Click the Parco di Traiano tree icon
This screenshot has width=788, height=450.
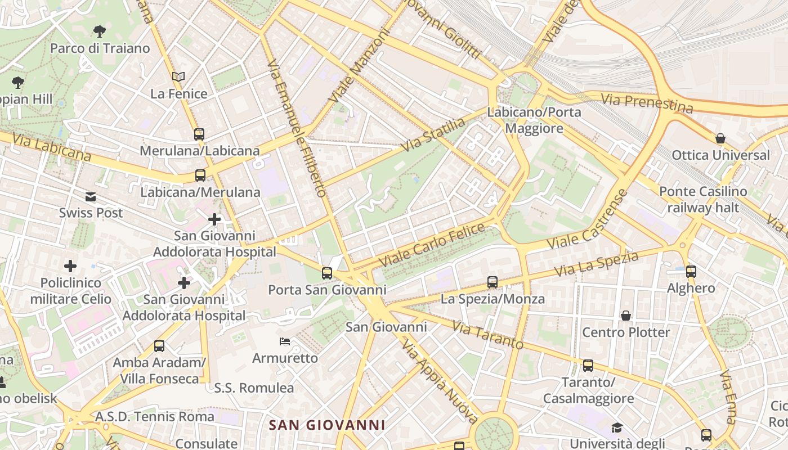pyautogui.click(x=100, y=31)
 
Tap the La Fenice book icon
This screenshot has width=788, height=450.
pyautogui.click(x=178, y=76)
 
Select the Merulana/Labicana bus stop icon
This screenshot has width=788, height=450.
pyautogui.click(x=199, y=134)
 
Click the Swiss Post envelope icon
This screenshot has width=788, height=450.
pyautogui.click(x=91, y=197)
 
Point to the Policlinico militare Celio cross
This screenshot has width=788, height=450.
pyautogui.click(x=70, y=265)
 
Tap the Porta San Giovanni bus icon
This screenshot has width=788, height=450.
pyautogui.click(x=327, y=273)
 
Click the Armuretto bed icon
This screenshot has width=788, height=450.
pyautogui.click(x=285, y=341)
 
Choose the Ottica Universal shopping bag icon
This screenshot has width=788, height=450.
pyautogui.click(x=720, y=138)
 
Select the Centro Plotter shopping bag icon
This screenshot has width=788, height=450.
pyautogui.click(x=625, y=316)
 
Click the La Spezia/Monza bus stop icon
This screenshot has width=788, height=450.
pyautogui.click(x=492, y=282)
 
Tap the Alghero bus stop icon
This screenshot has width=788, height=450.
pyautogui.click(x=691, y=272)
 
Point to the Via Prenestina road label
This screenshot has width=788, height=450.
pyautogui.click(x=647, y=103)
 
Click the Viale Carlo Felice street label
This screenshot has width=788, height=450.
pyautogui.click(x=432, y=245)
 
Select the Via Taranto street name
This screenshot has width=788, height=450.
pyautogui.click(x=487, y=335)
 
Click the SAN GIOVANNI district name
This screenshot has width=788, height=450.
pyautogui.click(x=326, y=425)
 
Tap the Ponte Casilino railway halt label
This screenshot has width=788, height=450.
pyautogui.click(x=703, y=200)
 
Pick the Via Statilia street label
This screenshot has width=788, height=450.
pyautogui.click(x=433, y=134)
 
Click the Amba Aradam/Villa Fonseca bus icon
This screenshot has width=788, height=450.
pyautogui.click(x=159, y=346)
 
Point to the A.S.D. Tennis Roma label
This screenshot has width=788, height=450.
pyautogui.click(x=155, y=417)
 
